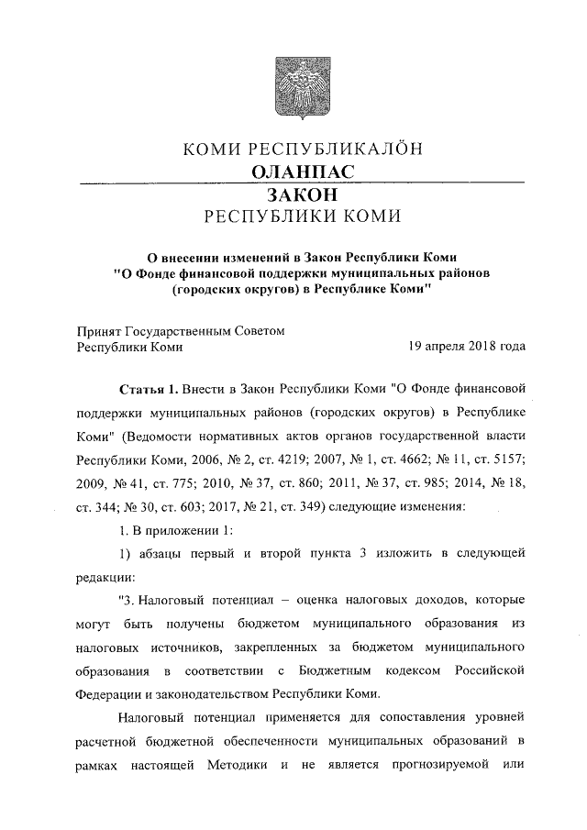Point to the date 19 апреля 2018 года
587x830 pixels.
click(x=467, y=347)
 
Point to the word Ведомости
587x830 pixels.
click(x=168, y=432)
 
